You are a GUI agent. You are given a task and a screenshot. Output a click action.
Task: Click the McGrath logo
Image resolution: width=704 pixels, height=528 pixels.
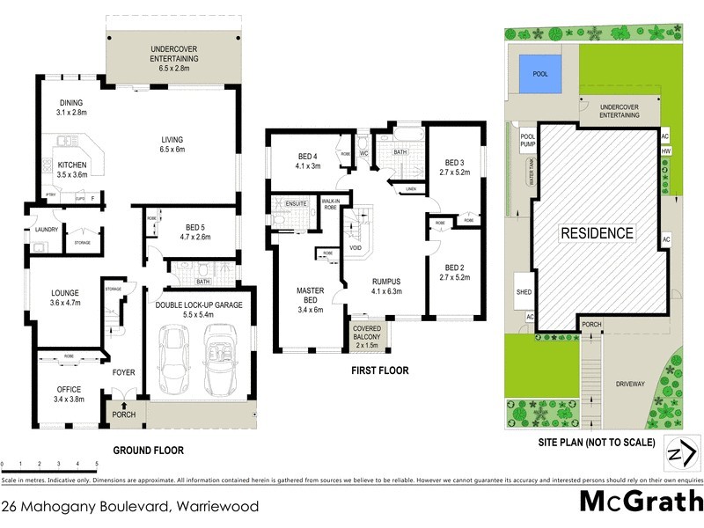pos(642,502)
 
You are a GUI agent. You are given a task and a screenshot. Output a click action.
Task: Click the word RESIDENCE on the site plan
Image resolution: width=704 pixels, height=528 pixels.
pos(598,233)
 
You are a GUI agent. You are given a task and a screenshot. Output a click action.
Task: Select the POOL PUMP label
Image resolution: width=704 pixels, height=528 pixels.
pos(528,141)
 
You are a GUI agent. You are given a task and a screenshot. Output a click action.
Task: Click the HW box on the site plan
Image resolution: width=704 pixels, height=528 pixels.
pos(665,151)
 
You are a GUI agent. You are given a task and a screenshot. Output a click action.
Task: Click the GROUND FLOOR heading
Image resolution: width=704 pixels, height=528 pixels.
pos(149,450)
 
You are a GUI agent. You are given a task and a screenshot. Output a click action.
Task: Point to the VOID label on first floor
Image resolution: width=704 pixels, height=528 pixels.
pos(356,248)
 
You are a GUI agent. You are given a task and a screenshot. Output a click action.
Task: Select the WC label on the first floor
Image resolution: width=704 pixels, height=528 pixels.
pos(363,152)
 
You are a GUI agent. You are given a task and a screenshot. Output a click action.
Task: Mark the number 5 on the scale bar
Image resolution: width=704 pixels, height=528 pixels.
pos(95,463)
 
